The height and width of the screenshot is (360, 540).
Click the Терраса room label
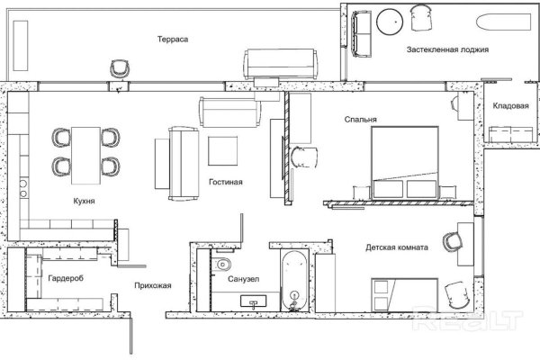tap(173, 40)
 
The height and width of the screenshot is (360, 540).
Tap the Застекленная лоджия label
tap(447, 49)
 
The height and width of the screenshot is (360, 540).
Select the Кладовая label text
tap(510, 106)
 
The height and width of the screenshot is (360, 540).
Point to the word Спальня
tap(361, 120)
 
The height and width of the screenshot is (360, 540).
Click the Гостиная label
tap(226, 182)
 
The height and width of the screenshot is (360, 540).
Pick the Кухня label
tap(84, 202)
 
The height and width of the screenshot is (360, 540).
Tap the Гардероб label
tap(66, 278)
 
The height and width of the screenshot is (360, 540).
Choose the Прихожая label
tap(153, 285)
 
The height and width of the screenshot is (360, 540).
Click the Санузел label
tap(244, 279)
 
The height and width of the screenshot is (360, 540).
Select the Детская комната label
tap(397, 247)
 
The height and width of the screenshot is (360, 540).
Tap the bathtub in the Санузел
tap(293, 281)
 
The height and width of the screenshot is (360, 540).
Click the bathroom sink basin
tap(253, 301)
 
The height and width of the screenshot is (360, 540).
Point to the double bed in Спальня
tap(405, 163)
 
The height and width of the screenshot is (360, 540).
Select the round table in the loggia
tap(390, 22)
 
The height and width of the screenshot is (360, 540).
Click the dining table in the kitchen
tap(85, 156)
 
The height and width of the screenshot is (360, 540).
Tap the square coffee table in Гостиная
tap(223, 151)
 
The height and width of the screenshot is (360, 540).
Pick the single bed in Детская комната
tap(405, 295)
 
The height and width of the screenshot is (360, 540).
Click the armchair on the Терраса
tap(120, 69)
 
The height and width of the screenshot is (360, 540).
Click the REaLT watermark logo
tap(468, 320)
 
